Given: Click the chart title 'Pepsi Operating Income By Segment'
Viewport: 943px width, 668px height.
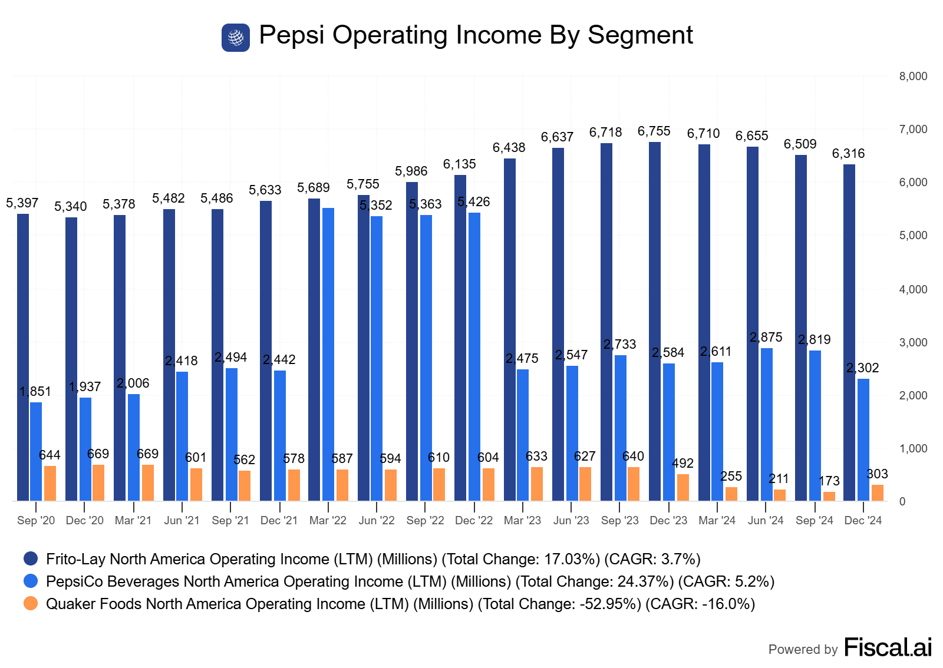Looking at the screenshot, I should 476,35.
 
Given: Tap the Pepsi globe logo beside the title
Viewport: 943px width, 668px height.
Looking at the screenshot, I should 236,38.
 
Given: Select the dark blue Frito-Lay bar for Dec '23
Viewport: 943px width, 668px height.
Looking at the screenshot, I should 655,321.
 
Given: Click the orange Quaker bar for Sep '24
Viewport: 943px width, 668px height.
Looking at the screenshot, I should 829,496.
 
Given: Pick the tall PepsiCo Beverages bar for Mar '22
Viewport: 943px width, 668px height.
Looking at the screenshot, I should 328,354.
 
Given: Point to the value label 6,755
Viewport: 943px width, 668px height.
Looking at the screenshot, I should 654,131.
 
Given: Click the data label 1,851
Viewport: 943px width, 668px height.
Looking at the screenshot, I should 35,392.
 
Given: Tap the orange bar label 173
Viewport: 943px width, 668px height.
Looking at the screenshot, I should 829,481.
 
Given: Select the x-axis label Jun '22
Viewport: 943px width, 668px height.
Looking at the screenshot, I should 377,521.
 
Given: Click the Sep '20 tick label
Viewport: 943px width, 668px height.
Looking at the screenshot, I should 36,521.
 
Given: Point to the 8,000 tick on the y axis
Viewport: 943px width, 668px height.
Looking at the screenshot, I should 913,77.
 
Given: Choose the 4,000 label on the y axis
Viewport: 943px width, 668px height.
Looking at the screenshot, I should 913,289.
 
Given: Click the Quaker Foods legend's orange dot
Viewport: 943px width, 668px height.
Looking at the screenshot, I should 31,604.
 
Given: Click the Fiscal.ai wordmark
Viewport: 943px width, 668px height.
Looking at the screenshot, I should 888,647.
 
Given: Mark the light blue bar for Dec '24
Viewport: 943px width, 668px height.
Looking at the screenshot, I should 863,439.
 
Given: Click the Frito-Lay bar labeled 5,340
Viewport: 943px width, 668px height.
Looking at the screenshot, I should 71,359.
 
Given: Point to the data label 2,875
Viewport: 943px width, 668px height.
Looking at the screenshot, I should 766,338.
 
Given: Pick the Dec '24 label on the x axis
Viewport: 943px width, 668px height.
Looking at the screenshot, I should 863,521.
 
